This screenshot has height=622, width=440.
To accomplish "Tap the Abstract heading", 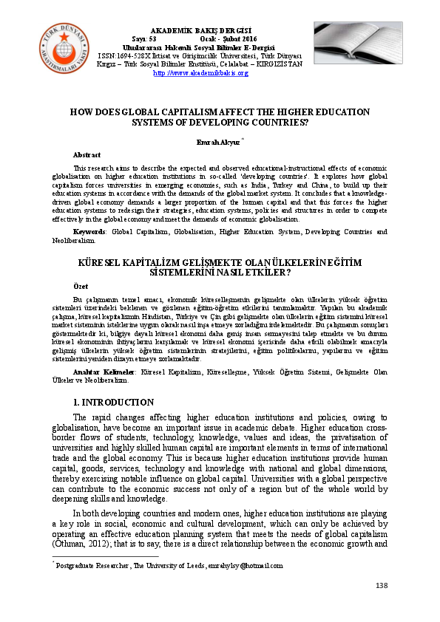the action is tap(87, 155).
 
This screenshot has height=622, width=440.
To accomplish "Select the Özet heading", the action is tap(81, 285).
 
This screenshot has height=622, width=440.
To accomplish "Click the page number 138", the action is tap(382, 585).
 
